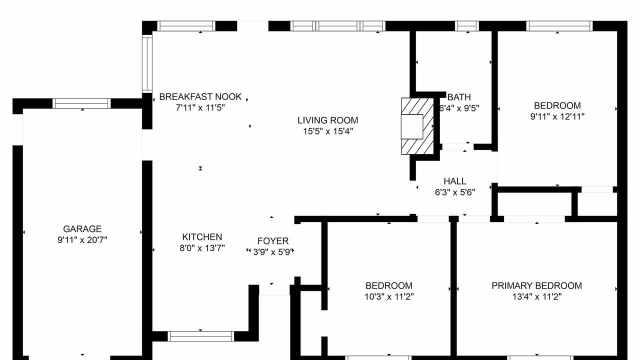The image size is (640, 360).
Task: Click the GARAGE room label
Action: (x=82, y=229)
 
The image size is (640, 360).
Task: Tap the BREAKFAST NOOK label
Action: (x=200, y=97)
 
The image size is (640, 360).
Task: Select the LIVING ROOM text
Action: (x=327, y=120)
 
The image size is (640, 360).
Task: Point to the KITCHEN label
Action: (x=202, y=237)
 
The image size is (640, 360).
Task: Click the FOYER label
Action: (x=273, y=241)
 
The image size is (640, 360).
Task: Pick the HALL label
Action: (x=455, y=181)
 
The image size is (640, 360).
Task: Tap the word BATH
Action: (x=459, y=97)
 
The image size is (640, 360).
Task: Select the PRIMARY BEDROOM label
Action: (x=536, y=285)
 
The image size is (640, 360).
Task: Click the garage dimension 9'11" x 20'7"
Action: (x=82, y=239)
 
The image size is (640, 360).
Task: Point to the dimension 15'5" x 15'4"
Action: (x=328, y=131)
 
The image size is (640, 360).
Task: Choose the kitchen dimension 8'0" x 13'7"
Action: (x=202, y=247)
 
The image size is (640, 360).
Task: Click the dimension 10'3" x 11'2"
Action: (x=389, y=296)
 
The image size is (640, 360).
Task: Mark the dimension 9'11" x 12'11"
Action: (x=557, y=116)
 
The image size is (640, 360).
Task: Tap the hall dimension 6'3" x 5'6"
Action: (x=455, y=192)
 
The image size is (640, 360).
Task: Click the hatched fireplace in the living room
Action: (x=417, y=126)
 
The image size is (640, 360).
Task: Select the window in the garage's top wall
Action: (x=81, y=103)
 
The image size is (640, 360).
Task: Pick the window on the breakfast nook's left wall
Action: (x=147, y=63)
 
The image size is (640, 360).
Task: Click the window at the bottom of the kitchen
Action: (x=200, y=336)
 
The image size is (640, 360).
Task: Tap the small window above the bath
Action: (x=467, y=26)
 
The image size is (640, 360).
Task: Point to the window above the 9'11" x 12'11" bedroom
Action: (x=559, y=26)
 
